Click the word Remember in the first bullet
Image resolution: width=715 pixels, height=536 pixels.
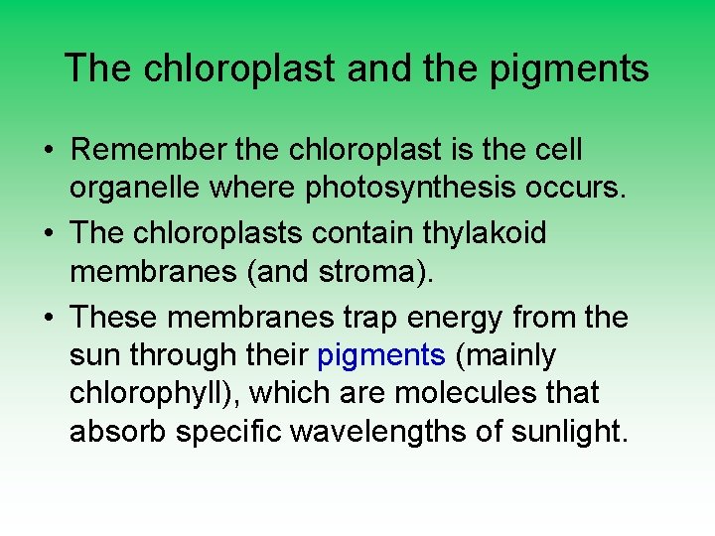[x=142, y=151]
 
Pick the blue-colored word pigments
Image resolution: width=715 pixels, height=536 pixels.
[x=381, y=355]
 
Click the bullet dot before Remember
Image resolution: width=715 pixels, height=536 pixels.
[x=49, y=152]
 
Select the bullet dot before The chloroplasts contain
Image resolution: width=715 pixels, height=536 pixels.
[x=49, y=234]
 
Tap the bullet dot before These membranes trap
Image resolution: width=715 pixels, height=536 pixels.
[x=49, y=319]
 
